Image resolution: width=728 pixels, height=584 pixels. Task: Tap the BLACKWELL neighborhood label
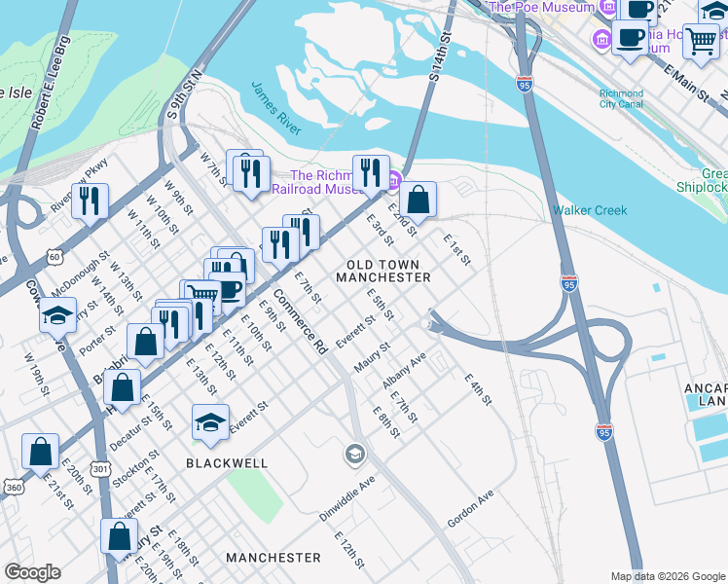tap(230, 463)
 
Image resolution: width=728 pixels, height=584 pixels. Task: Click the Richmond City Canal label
tap(621, 98)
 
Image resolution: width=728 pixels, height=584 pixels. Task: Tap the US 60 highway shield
tap(53, 257)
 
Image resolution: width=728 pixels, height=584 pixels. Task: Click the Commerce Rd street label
tap(299, 321)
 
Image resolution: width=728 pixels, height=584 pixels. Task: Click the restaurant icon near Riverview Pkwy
tap(90, 201)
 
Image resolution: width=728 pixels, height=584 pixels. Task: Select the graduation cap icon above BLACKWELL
tap(210, 421)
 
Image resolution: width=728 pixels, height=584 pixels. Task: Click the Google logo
tap(32, 572)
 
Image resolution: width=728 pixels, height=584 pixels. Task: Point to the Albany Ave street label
tap(404, 372)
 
